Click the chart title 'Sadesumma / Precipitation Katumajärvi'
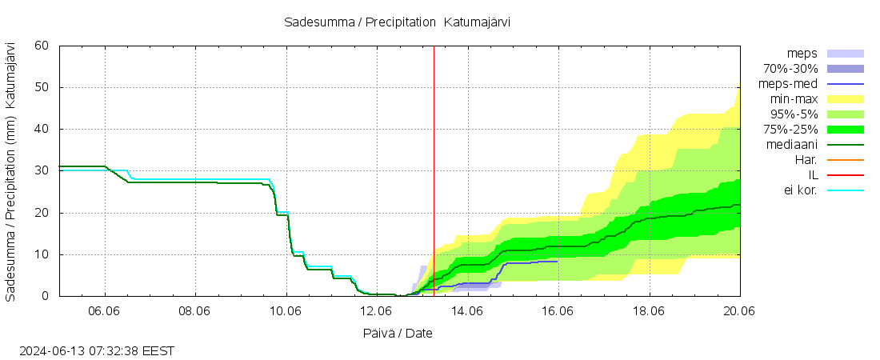[x=397, y=22]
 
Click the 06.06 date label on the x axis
[x=105, y=311]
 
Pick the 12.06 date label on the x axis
[x=377, y=311]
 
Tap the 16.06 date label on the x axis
[x=558, y=311]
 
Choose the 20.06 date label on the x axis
[x=739, y=311]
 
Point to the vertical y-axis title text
[x=11, y=171]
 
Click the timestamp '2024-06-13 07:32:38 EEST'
[x=97, y=350]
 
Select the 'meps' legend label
[x=802, y=54]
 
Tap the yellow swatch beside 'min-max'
[x=846, y=99]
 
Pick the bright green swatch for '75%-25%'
[x=846, y=130]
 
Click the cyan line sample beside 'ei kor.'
[x=846, y=190]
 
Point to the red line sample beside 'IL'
[x=846, y=175]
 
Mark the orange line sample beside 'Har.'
[x=846, y=160]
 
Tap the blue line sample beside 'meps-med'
[x=846, y=84]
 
